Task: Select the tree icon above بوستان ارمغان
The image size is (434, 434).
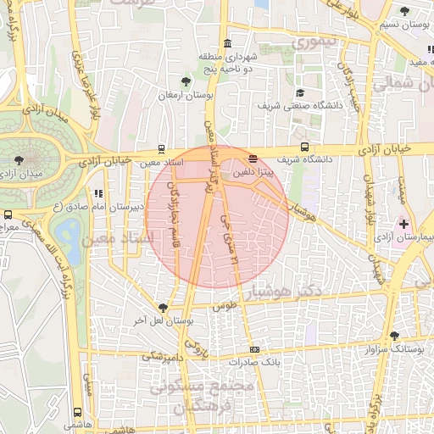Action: point(186,81)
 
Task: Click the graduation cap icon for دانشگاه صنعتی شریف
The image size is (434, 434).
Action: point(299,93)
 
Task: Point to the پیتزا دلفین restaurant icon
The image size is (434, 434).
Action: point(253,159)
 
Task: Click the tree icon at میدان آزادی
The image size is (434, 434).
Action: point(19,159)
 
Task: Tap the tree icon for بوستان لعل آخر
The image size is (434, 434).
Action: point(162,308)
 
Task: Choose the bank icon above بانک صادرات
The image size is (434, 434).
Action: point(253,349)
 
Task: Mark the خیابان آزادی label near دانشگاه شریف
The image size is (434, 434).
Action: point(383,148)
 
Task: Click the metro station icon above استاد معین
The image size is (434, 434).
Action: point(162,147)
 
